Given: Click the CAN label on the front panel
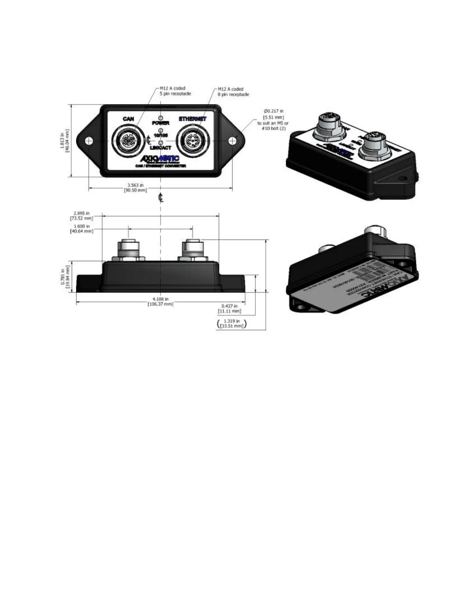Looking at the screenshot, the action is tap(128, 119).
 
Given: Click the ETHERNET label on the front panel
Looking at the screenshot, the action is tap(193, 119).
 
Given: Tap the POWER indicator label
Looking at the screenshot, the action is tap(161, 123).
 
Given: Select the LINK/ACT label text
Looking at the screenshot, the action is tap(161, 148).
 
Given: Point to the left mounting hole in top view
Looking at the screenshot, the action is tap(88, 141).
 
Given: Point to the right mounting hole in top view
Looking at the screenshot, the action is tap(232, 141).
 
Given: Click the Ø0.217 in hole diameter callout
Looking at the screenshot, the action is tap(274, 111).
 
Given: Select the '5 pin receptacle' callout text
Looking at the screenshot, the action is tap(175, 94).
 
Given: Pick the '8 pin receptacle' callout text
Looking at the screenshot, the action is tap(233, 94).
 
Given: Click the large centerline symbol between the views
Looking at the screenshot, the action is tap(161, 198).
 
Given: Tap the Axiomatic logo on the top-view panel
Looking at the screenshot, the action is tap(160, 159).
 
